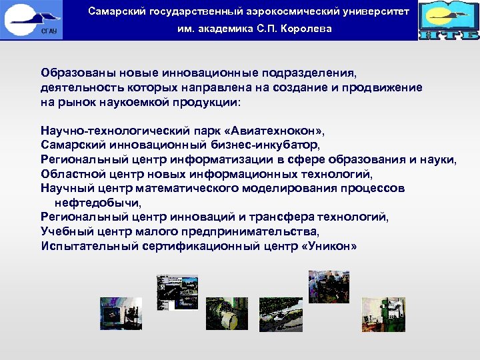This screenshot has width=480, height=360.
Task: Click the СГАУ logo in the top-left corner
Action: (x=32, y=20)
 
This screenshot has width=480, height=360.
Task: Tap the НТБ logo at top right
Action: (x=449, y=21)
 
